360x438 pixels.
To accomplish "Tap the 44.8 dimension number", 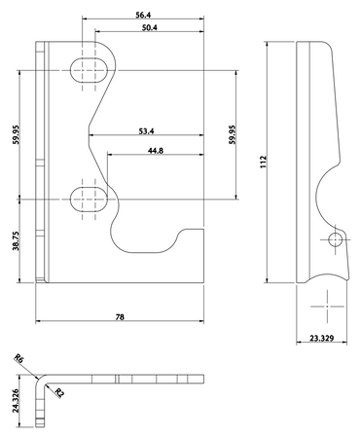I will [x=155, y=150].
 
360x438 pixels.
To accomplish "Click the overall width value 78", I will [x=119, y=316].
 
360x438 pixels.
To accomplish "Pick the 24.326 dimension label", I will [x=15, y=399].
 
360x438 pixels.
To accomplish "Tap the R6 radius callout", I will [x=19, y=361].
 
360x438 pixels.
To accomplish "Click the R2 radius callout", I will [x=59, y=392].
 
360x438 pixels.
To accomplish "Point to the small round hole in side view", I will [x=336, y=238].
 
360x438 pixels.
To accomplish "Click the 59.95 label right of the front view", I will [x=233, y=134].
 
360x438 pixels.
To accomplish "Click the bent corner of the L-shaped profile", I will [x=40, y=381].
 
